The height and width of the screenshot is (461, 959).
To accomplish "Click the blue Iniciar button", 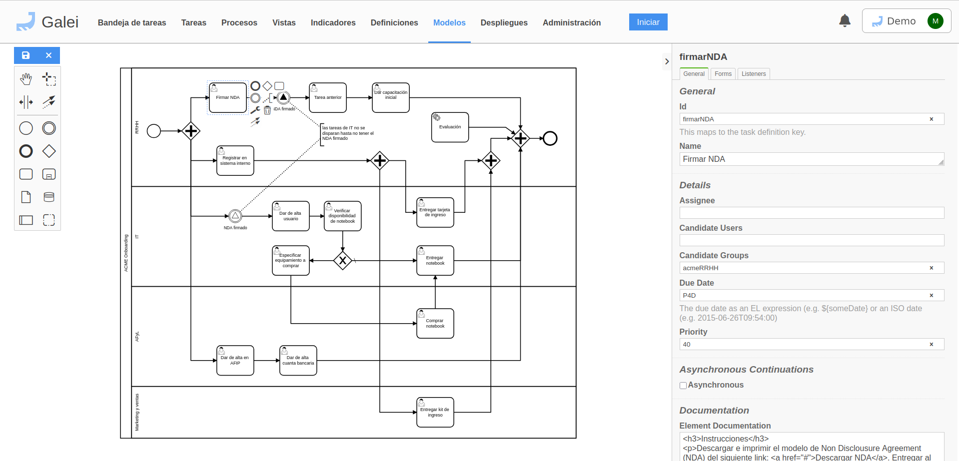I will pos(648,22).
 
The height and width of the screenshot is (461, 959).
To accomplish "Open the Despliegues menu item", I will pos(504,22).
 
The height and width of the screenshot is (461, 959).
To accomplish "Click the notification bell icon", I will pos(845,21).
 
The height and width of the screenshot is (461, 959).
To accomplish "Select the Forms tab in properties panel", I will pos(723,74).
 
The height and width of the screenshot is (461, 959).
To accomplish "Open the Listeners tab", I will pos(753,74).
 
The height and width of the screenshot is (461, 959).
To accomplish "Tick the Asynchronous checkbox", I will pos(683,386).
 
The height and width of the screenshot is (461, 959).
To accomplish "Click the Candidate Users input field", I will pos(811,240).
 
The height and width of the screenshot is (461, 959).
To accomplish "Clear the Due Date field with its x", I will pos(931,296).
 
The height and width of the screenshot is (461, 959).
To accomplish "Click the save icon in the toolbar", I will pos(26,55).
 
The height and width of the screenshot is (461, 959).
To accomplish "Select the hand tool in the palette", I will pos(26,79).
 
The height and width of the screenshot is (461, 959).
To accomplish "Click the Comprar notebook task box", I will pos(435,324).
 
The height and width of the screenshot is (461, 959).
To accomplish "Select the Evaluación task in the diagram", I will pos(450,127).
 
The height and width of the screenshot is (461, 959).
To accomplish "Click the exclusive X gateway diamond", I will pos(342,260).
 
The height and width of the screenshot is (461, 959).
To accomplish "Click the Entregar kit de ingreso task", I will pos(435,413).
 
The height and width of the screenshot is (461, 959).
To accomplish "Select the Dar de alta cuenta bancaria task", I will pos(298,361).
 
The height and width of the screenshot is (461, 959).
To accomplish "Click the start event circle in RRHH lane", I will pos(154,131).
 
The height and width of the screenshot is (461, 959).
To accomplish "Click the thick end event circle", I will pos(550,138).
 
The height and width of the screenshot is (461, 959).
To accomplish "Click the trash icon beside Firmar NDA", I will pos(267,110).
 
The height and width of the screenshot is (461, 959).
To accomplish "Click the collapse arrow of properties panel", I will pos(667,61).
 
